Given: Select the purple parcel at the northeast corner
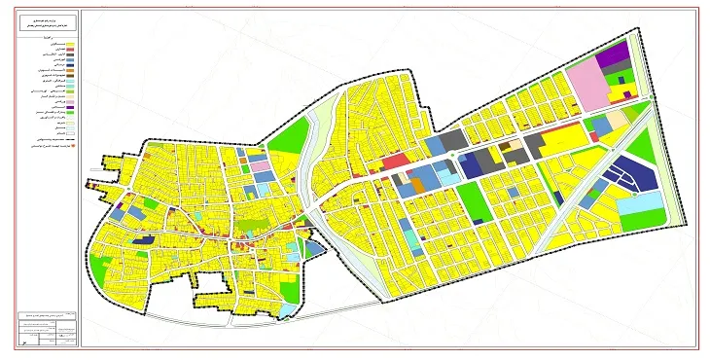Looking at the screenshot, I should (x=614, y=56).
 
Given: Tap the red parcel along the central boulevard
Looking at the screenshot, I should (x=395, y=162).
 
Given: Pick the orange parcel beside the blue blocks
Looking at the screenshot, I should (x=417, y=182).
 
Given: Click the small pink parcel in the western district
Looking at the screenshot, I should (x=261, y=166).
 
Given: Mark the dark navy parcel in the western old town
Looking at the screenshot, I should (x=144, y=237).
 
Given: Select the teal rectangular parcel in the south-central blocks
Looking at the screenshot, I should (x=412, y=236).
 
